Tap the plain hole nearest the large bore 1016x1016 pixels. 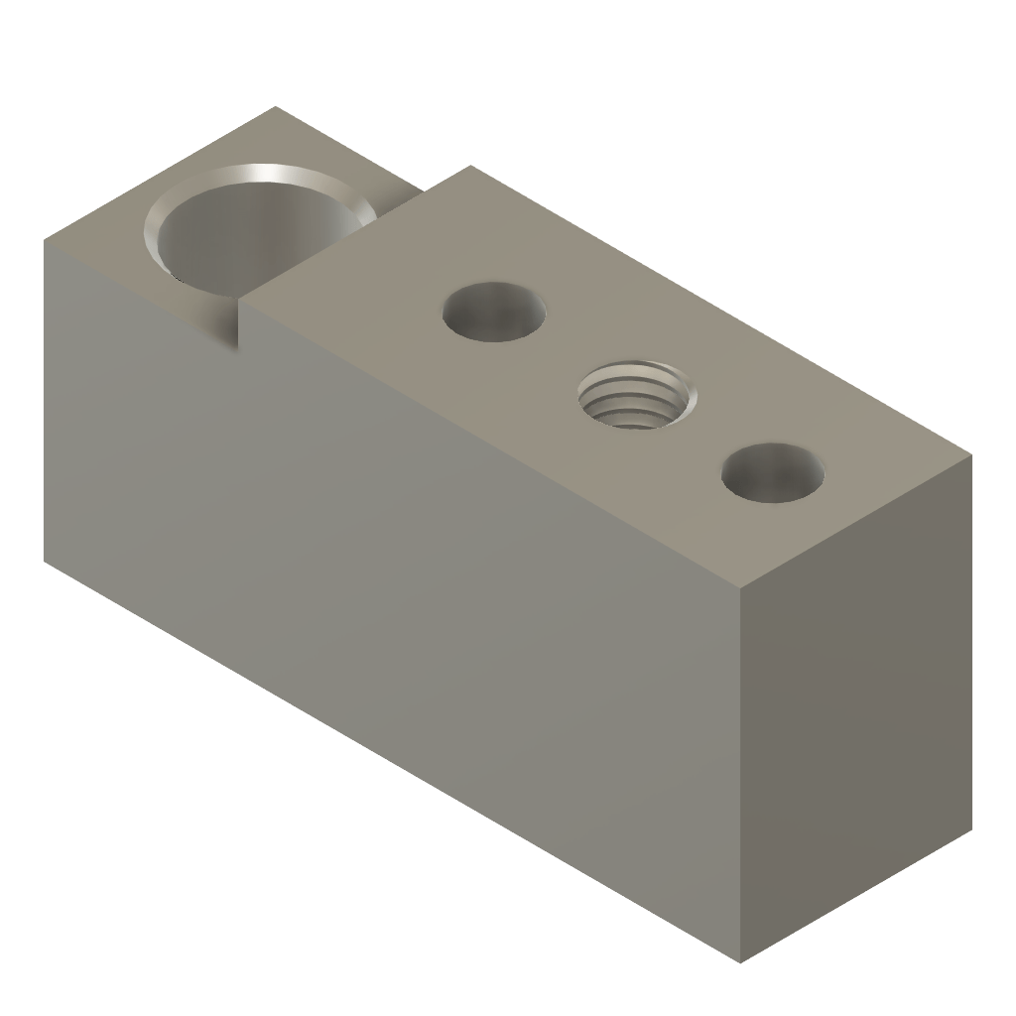[494, 312]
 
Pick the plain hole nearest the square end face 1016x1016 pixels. [774, 473]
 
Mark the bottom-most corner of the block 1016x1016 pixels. [742, 961]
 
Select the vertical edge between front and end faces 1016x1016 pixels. [742, 774]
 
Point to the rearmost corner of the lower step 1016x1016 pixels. [276, 107]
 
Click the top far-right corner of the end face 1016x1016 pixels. [971, 455]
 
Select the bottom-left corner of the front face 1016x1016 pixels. [45, 564]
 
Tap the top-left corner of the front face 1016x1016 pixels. [45, 238]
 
